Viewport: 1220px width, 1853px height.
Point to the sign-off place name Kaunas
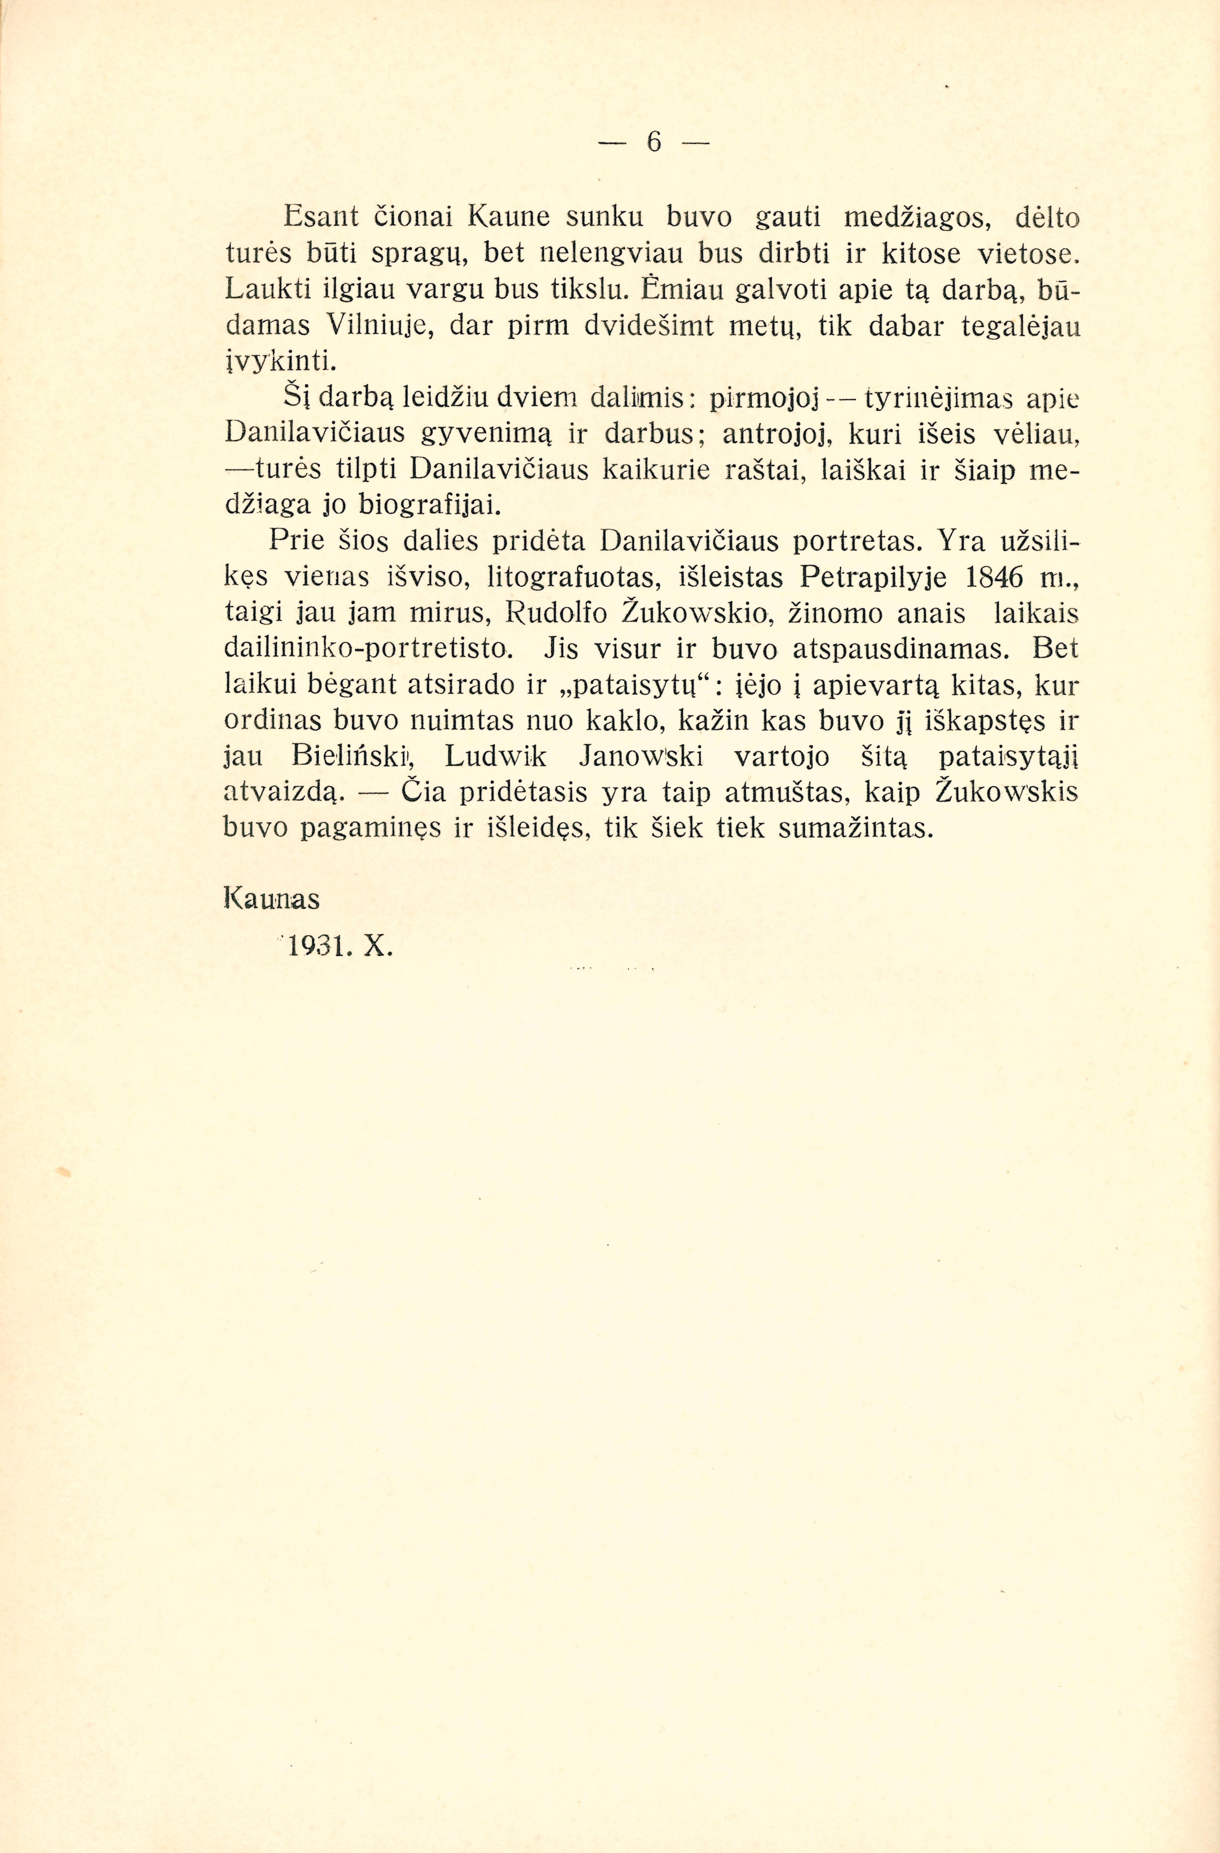tap(272, 900)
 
